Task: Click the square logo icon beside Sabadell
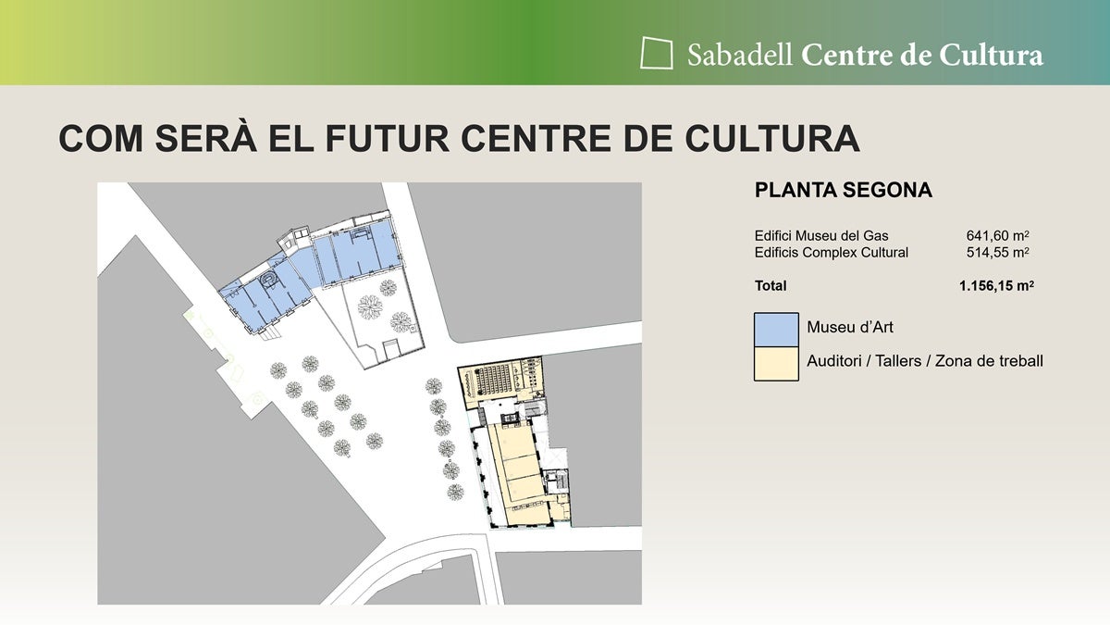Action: (x=657, y=53)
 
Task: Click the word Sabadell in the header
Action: (x=739, y=55)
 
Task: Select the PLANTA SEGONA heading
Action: (x=843, y=191)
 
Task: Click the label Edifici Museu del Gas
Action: (x=821, y=236)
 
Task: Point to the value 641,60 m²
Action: (x=998, y=236)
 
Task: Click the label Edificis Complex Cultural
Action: (x=832, y=252)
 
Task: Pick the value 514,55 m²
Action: (x=998, y=252)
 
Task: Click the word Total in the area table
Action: (x=771, y=286)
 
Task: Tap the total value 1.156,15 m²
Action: (x=996, y=286)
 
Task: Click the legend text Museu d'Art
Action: (x=850, y=328)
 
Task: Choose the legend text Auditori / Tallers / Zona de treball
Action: (x=925, y=361)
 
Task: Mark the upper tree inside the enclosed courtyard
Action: (x=371, y=306)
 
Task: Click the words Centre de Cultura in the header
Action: (x=922, y=55)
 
